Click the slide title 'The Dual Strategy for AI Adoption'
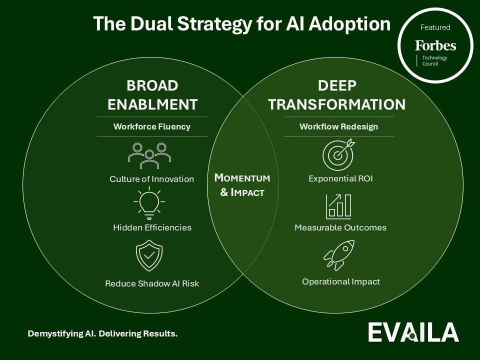[241, 24]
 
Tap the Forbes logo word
[435, 46]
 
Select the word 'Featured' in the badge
[435, 27]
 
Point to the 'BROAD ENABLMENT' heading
[152, 95]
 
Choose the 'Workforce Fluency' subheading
[152, 126]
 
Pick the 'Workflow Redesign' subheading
[338, 126]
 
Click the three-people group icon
[149, 154]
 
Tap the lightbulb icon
[149, 202]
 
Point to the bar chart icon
[338, 205]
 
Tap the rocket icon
[339, 255]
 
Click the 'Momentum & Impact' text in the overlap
[242, 185]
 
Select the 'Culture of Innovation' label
[152, 179]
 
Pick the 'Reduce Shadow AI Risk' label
[152, 283]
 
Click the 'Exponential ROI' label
[340, 178]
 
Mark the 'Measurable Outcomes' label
[340, 227]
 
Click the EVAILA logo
[413, 332]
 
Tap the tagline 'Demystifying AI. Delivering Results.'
[102, 333]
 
